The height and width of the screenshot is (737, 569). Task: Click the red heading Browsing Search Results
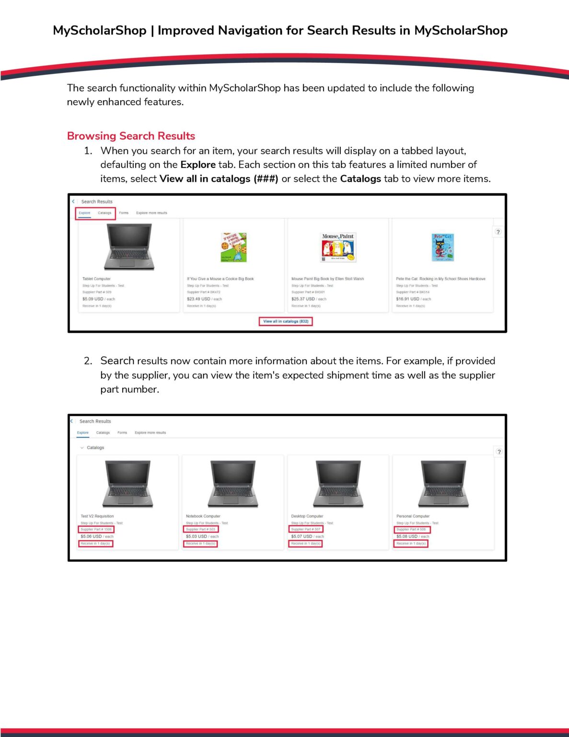point(131,136)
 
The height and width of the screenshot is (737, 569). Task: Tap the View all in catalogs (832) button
point(286,321)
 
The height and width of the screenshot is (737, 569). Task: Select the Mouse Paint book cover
point(338,247)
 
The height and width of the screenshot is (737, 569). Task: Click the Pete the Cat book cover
point(442,247)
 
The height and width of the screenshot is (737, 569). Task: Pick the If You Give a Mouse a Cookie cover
point(233,248)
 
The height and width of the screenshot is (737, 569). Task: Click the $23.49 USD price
point(198,299)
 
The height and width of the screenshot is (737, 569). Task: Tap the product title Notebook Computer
point(203,516)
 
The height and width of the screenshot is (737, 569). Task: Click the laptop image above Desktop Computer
point(338,484)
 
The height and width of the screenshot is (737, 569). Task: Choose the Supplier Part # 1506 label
point(96,530)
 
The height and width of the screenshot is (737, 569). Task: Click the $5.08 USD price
point(407,536)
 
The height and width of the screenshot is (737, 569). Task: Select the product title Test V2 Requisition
point(97,516)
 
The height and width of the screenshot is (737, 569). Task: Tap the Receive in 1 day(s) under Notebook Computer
point(200,544)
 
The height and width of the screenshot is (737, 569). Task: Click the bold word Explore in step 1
point(197,165)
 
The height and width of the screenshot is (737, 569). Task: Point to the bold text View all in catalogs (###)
point(219,178)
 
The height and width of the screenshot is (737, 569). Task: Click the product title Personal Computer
point(413,516)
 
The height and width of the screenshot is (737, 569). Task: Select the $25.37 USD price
point(303,299)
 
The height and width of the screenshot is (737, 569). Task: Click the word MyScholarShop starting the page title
point(99,30)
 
